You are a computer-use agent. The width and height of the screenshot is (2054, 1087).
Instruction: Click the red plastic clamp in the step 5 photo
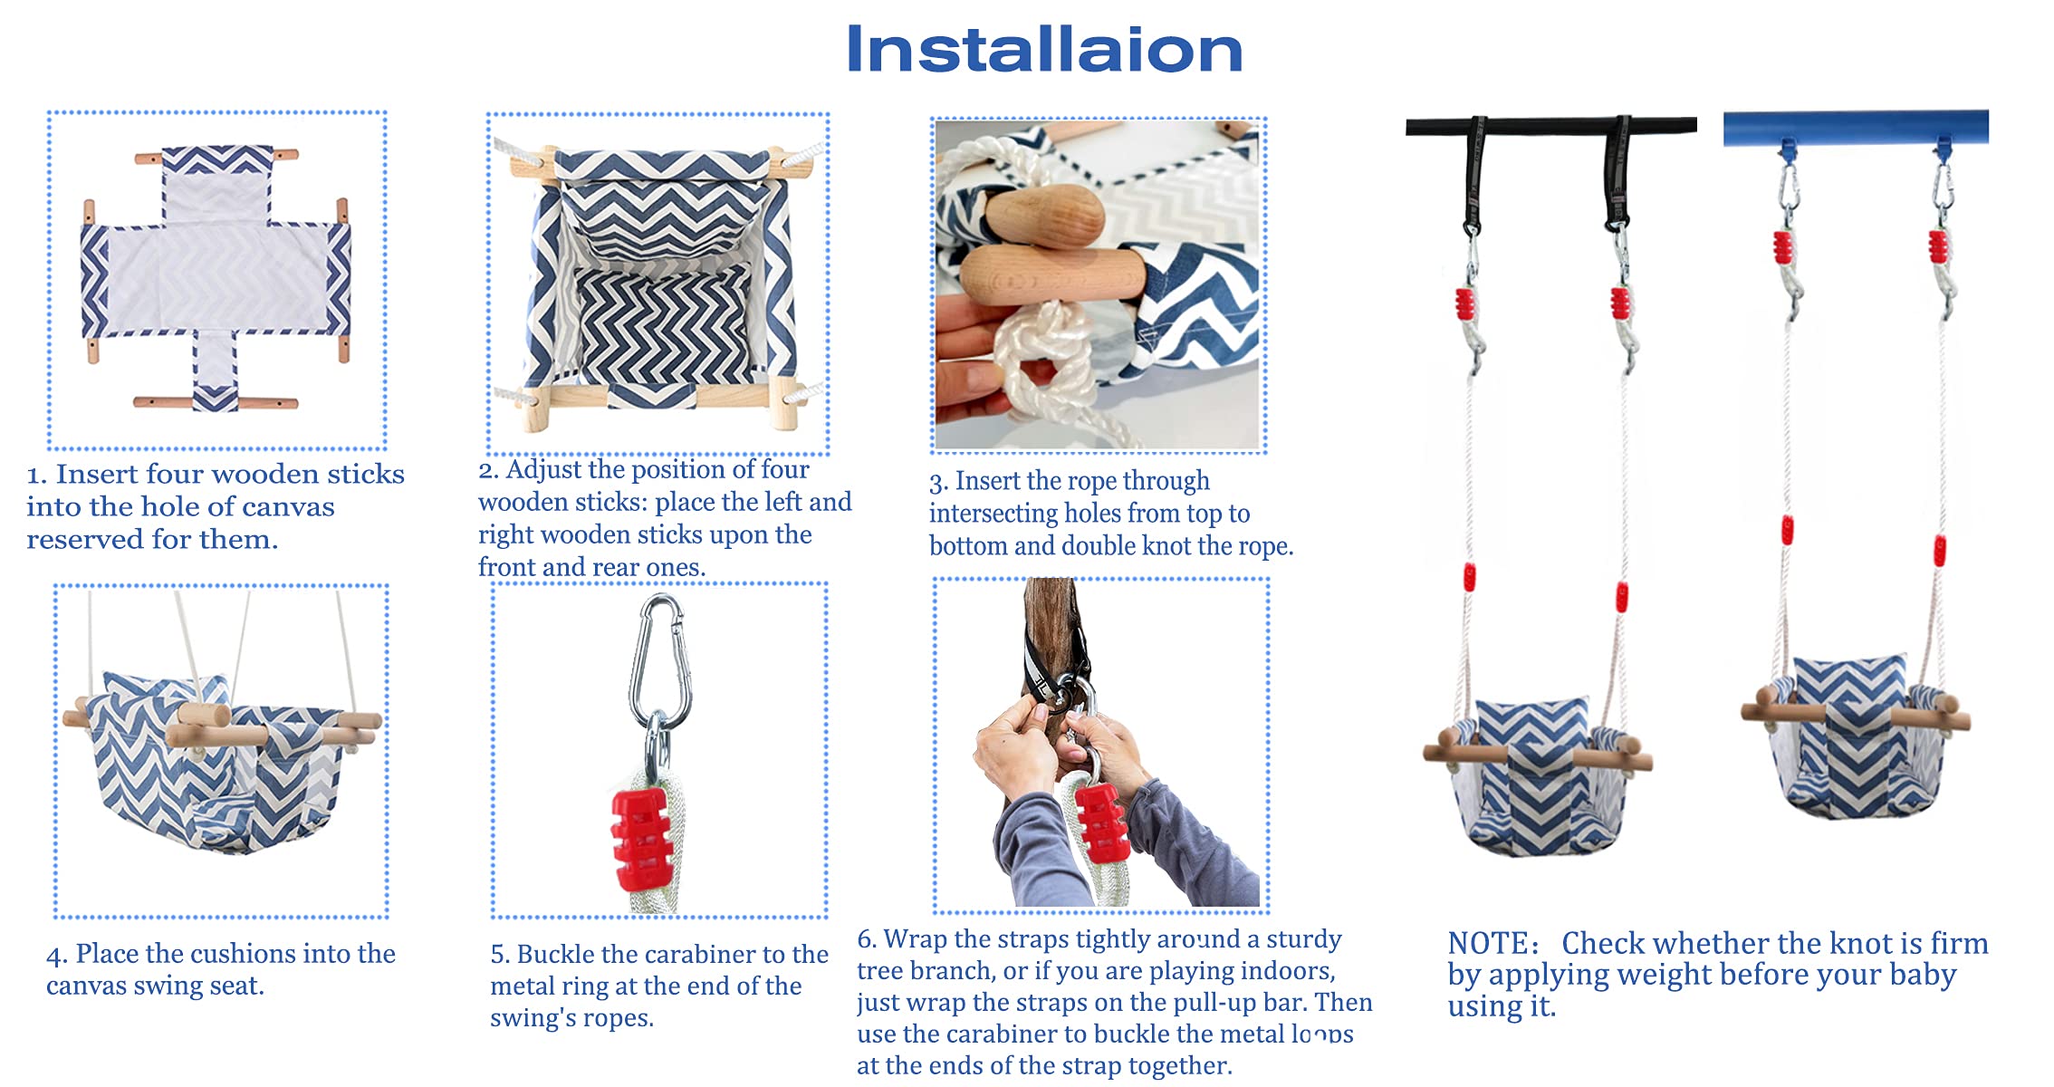tap(642, 839)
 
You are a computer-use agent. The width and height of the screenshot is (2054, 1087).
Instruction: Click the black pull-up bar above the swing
tap(1550, 126)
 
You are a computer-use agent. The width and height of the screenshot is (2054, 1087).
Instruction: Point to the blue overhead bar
tap(1856, 127)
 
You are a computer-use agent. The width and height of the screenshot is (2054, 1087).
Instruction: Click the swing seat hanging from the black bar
tap(1537, 776)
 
